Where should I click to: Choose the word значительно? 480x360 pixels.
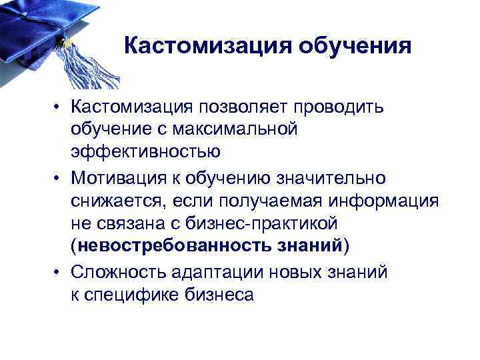point(329,177)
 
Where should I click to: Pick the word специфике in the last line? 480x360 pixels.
point(131,294)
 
